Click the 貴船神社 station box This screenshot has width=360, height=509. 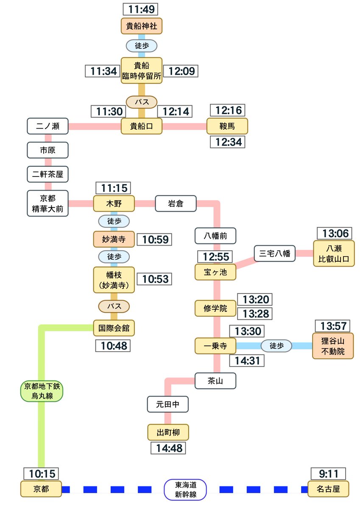click(x=142, y=26)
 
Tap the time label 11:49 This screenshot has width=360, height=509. click(x=142, y=8)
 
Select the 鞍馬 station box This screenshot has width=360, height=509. click(x=227, y=126)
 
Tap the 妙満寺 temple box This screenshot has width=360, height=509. click(x=114, y=239)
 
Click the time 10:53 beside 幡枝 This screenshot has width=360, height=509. click(x=155, y=279)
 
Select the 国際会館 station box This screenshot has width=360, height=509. click(x=114, y=327)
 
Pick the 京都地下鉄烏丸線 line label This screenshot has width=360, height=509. click(x=42, y=391)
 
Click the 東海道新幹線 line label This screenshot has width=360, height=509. click(x=185, y=489)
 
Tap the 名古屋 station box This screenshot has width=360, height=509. click(x=328, y=489)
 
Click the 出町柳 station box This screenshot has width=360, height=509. click(x=168, y=433)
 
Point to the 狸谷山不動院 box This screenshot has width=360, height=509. click(x=333, y=346)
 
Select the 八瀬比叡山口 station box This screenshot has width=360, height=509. click(x=333, y=254)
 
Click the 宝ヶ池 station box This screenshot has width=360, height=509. click(x=215, y=272)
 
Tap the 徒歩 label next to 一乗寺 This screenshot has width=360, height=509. click(x=276, y=346)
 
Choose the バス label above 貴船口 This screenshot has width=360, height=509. click(x=142, y=102)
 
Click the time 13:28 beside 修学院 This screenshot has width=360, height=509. click(x=254, y=313)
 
